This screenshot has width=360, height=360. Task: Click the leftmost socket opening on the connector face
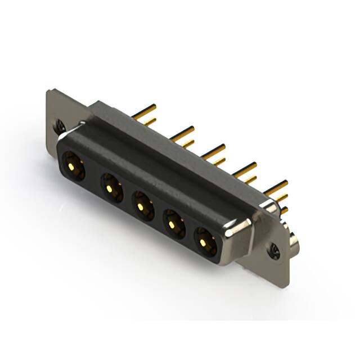[x=73, y=166]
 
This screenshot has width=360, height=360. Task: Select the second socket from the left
[x=111, y=187]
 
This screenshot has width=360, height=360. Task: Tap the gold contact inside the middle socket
[x=141, y=206]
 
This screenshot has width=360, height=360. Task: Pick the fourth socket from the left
[x=173, y=224]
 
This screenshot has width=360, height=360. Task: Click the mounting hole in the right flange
[x=274, y=251]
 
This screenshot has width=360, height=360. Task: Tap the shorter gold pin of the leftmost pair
[x=150, y=121]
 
